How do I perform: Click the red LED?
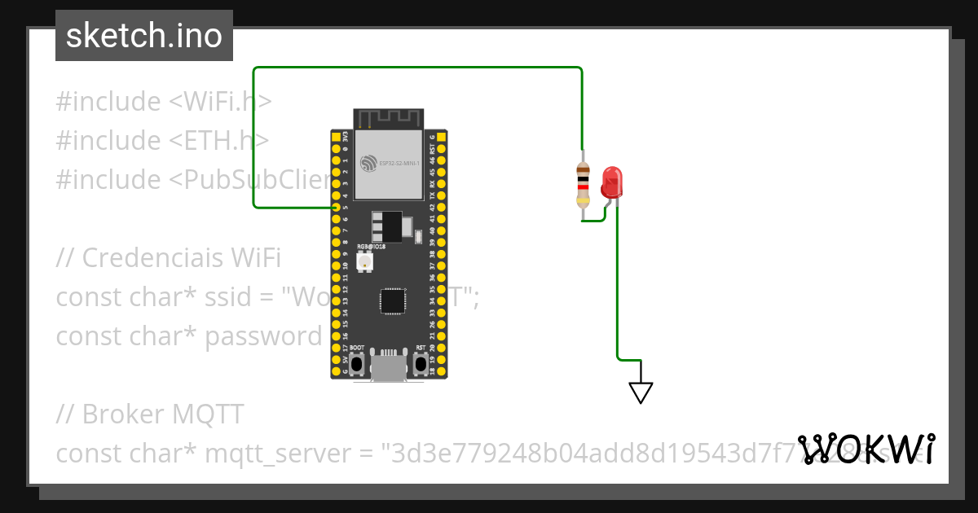[x=610, y=182]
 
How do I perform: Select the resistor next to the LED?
[x=583, y=185]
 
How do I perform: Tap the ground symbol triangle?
[x=641, y=392]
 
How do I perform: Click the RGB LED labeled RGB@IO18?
[x=363, y=261]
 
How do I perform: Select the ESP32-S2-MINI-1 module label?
[x=399, y=164]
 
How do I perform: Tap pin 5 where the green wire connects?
[x=336, y=208]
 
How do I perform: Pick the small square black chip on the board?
[x=392, y=300]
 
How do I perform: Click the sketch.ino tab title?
[x=144, y=36]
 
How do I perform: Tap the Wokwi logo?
[x=866, y=449]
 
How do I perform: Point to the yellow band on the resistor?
[x=583, y=201]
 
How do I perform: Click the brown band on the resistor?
[x=583, y=169]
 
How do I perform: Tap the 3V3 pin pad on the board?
[x=336, y=138]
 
